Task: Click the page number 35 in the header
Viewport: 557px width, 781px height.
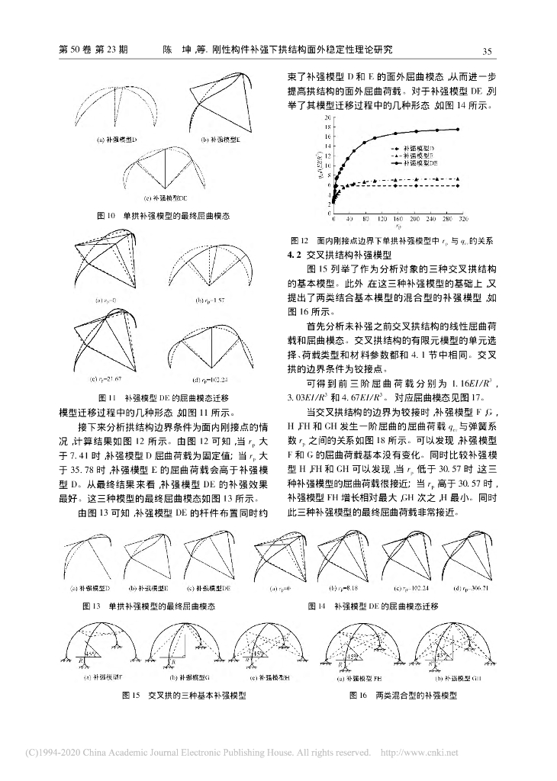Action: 486,50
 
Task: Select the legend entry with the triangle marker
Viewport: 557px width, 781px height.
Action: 422,154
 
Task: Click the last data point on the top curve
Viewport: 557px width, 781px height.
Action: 457,130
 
